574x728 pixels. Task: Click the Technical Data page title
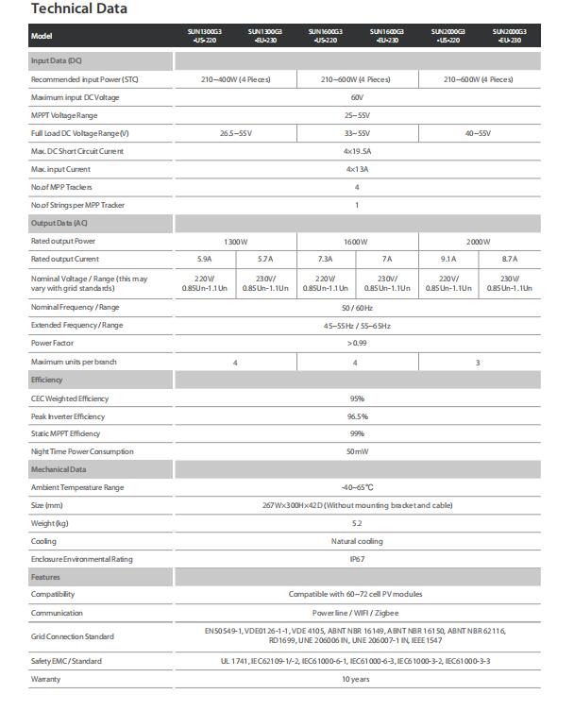[x=79, y=9]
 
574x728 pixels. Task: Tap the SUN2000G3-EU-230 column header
[x=511, y=35]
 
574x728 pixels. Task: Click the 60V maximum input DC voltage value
[x=357, y=97]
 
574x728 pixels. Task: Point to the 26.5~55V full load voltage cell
[x=235, y=133]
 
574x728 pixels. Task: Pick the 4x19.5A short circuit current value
[x=357, y=151]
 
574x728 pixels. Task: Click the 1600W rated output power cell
[x=356, y=242]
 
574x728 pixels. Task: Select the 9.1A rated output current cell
[x=449, y=259]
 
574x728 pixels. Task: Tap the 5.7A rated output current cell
[x=265, y=259]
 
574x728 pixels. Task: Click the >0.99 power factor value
[x=357, y=344]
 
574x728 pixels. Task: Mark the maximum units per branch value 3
[x=479, y=362]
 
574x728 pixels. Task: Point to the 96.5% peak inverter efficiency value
[x=357, y=416]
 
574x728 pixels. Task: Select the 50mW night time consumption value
[x=357, y=452]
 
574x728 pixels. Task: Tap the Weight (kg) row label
[x=50, y=523]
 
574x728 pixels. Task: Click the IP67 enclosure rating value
[x=357, y=559]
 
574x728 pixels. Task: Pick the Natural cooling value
[x=357, y=541]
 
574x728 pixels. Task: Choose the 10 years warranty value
[x=356, y=679]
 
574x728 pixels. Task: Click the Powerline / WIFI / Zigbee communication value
[x=356, y=612]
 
